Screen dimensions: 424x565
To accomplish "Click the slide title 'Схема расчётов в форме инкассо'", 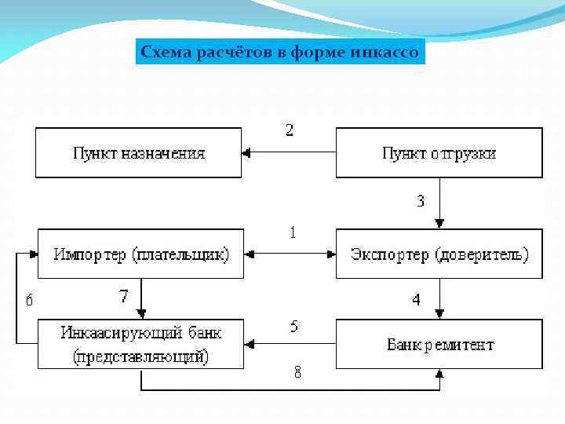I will pos(280,53).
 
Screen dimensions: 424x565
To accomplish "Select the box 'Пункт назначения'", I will pos(138,153).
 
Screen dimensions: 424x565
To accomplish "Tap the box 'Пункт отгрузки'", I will pos(439,153).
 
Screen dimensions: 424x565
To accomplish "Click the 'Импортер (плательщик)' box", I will pos(140,254).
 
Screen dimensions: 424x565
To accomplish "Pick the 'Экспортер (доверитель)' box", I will pos(439,254).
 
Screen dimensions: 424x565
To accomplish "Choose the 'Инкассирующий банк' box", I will pos(140,343).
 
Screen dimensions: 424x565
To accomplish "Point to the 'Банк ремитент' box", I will pos(439,344).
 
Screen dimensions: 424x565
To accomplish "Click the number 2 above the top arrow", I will pos(290,130).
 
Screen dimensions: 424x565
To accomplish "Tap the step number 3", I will pos(421,201).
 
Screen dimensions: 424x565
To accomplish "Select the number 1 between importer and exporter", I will pos(293,233).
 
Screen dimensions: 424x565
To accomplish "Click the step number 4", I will pos(416,300).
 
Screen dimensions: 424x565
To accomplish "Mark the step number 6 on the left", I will pos(29,299).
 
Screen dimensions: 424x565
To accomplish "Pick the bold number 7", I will pos(123,297).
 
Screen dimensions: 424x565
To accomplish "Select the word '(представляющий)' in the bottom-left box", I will pos(140,356).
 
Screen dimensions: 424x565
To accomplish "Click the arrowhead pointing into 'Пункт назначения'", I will pos(246,153).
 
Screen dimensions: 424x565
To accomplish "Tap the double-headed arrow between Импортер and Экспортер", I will pos(290,254).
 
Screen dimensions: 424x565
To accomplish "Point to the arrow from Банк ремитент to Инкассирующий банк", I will pos(290,343).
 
